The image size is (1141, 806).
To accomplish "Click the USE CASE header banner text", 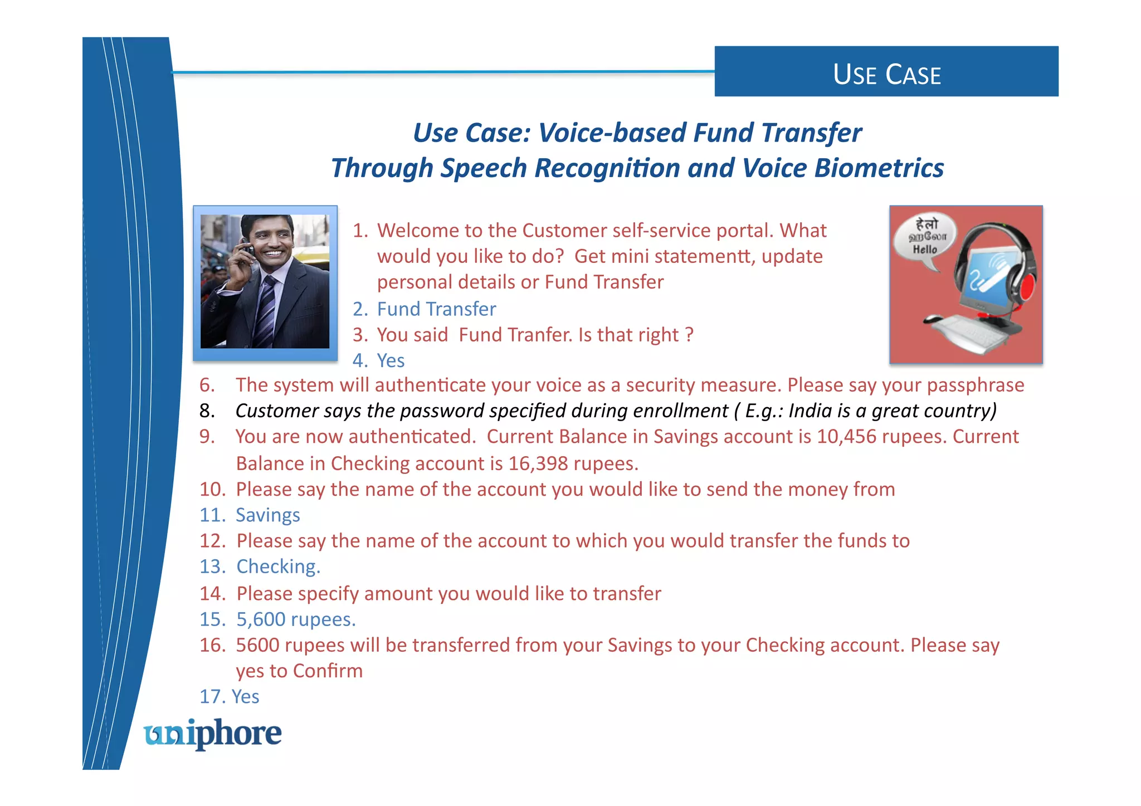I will click(886, 74).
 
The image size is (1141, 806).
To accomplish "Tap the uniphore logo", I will click(212, 734).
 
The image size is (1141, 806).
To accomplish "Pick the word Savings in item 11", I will click(267, 515).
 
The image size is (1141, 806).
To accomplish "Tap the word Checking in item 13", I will click(276, 566).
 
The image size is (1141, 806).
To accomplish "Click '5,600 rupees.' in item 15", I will click(296, 619).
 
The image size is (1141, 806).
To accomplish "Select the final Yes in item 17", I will click(245, 697).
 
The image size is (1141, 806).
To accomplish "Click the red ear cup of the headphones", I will click(1026, 288).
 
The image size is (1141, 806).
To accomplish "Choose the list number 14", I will click(212, 594).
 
